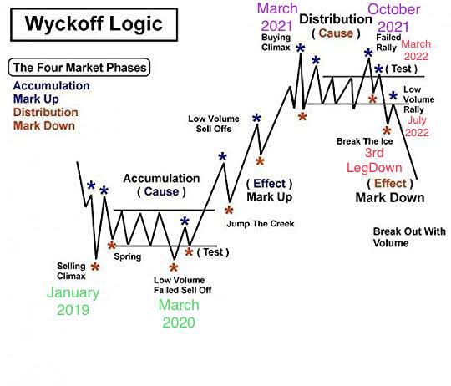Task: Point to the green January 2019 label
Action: pos(73,302)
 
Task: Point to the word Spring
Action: pos(128,256)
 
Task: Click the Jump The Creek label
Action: pos(260,223)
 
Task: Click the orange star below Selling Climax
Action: pos(94,267)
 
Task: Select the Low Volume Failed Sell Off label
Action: pos(181,284)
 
